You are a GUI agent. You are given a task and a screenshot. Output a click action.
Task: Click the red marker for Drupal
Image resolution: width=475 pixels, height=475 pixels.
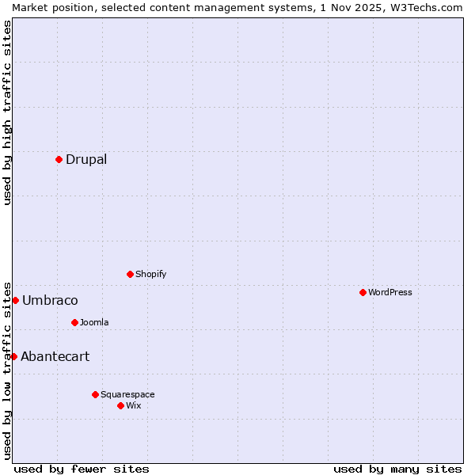click(x=59, y=159)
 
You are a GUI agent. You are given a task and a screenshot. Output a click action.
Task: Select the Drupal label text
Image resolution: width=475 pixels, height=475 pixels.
click(x=86, y=159)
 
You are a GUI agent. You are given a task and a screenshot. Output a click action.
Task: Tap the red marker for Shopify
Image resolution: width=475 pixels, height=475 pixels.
click(x=130, y=274)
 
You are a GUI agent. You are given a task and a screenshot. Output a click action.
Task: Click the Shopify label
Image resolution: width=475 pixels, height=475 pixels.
click(x=150, y=274)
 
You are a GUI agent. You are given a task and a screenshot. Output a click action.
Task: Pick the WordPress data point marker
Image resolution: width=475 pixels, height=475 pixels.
click(x=363, y=292)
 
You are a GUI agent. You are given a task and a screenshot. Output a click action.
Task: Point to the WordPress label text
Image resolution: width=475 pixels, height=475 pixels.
click(x=389, y=292)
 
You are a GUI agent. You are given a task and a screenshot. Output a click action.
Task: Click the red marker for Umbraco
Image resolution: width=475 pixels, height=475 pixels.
click(x=15, y=300)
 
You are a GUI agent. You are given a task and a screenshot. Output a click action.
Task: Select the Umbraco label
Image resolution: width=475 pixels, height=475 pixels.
click(x=50, y=300)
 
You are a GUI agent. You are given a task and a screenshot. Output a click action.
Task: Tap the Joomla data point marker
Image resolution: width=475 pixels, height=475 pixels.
click(x=74, y=322)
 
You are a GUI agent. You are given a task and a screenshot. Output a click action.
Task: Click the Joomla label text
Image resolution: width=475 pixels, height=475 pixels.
click(x=94, y=322)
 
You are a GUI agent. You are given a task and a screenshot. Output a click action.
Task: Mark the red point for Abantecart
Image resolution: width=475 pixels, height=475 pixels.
click(x=13, y=356)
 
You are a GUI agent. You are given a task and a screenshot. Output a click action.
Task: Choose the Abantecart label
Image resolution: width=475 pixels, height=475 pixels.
click(x=55, y=356)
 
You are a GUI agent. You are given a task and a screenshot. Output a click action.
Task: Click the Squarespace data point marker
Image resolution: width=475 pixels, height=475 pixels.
click(x=95, y=394)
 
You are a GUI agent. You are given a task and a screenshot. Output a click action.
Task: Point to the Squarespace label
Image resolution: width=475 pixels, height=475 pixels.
click(x=127, y=394)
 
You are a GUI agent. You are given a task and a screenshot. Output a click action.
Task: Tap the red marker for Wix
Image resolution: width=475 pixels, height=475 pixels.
click(x=120, y=405)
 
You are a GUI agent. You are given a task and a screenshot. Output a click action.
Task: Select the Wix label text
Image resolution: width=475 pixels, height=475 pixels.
click(x=133, y=405)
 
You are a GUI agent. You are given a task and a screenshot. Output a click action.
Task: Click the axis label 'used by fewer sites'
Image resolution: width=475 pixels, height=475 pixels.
click(x=82, y=469)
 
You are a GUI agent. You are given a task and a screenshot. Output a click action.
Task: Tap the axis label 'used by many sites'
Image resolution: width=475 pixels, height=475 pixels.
click(x=397, y=469)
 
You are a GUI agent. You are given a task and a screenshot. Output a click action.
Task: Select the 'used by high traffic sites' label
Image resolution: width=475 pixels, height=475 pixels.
click(x=7, y=112)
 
